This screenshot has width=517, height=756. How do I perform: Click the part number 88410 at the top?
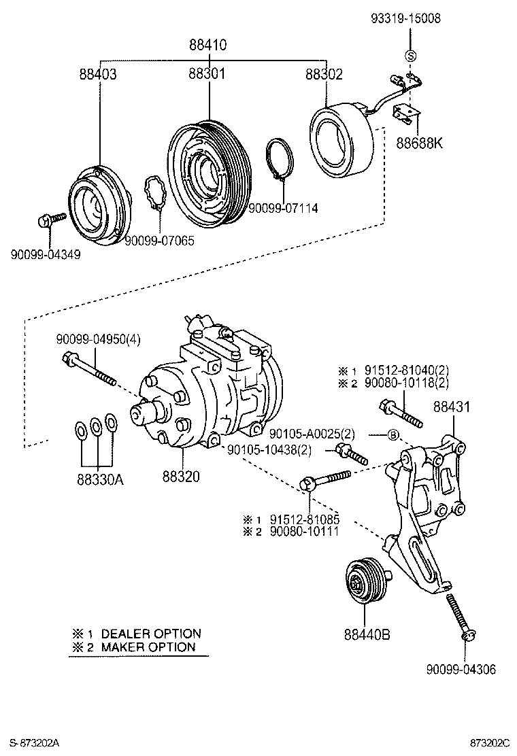point(208,46)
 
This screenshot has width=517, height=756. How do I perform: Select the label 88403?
point(96,74)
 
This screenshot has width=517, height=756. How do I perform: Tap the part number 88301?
point(207,74)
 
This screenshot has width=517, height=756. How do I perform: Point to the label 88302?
point(323,74)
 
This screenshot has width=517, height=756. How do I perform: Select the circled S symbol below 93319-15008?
point(410,56)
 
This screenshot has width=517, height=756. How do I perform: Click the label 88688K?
point(418,144)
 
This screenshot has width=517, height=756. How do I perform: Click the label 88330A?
point(100,478)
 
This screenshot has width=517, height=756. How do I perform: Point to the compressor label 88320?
point(181,477)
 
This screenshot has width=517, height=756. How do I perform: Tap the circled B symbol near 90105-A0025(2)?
point(393,434)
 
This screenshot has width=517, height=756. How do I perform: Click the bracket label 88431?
point(452,407)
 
